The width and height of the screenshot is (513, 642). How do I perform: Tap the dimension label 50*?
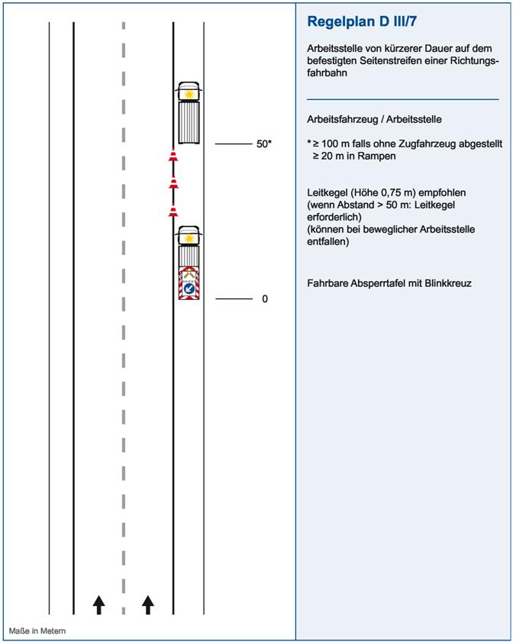pyautogui.click(x=264, y=144)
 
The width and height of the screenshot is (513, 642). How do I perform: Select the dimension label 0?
pyautogui.click(x=265, y=299)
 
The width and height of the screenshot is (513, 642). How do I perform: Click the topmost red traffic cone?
pyautogui.click(x=173, y=157)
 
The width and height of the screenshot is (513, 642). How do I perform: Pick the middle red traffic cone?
pyautogui.click(x=173, y=183)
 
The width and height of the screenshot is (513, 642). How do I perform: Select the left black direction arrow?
pyautogui.click(x=98, y=605)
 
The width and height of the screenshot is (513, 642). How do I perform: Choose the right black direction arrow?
pyautogui.click(x=148, y=605)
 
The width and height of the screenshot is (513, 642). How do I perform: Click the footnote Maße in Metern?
pyautogui.click(x=37, y=631)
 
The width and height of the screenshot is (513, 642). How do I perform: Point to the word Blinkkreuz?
pyautogui.click(x=445, y=283)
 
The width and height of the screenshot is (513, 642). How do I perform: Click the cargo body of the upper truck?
pyautogui.click(x=188, y=122)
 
